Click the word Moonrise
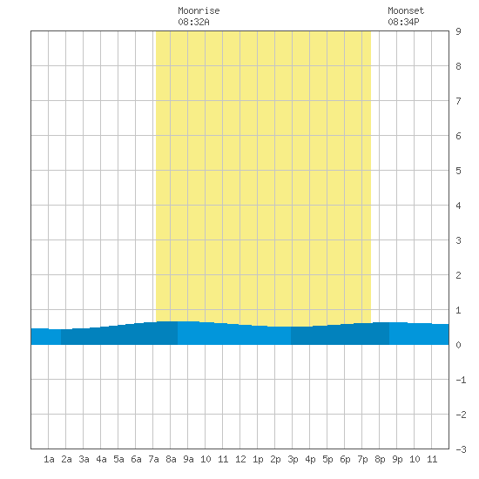click(x=199, y=10)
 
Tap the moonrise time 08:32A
click(x=193, y=22)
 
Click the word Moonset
click(x=406, y=10)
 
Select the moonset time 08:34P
click(x=403, y=22)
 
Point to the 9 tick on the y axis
click(x=458, y=31)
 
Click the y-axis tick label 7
click(x=458, y=101)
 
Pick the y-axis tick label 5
click(x=458, y=171)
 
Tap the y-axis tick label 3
click(x=458, y=240)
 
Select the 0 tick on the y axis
click(x=458, y=345)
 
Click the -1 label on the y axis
click(x=461, y=380)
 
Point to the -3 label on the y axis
click(x=461, y=449)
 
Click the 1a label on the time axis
click(x=49, y=459)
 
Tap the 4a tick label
click(x=101, y=459)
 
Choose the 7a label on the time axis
click(x=153, y=459)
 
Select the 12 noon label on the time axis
click(x=240, y=459)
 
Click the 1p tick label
click(x=258, y=459)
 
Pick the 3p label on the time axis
click(x=293, y=459)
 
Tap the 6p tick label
click(x=345, y=459)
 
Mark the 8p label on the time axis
click(x=380, y=459)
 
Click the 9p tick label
click(x=397, y=459)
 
